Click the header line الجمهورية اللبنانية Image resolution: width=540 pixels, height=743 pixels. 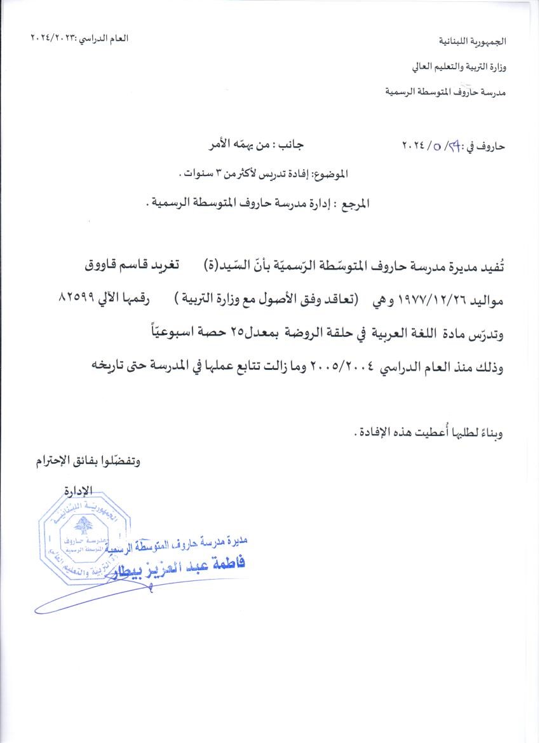click(x=474, y=41)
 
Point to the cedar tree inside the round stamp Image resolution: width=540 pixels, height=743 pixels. click(x=81, y=524)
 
